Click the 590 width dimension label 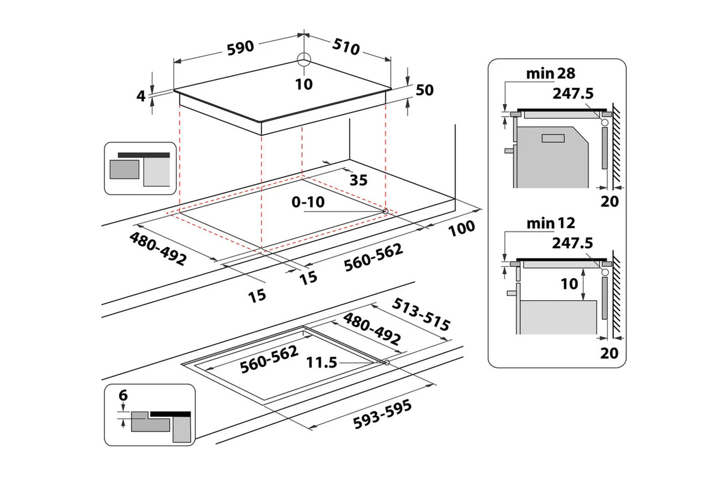(240, 48)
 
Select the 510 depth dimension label (346, 46)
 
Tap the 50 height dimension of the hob (424, 90)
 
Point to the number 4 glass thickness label (141, 96)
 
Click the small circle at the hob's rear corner (303, 60)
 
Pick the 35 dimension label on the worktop (358, 180)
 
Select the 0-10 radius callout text (308, 202)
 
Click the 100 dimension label (461, 228)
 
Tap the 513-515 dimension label (421, 314)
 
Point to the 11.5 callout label (321, 362)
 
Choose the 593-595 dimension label (382, 414)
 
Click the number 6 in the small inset (123, 396)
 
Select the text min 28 (550, 74)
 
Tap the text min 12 (550, 223)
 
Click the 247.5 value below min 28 (573, 94)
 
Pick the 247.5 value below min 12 (572, 243)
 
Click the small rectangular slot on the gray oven (553, 138)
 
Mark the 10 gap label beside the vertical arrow (569, 284)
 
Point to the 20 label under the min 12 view (609, 353)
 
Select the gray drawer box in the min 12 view (558, 317)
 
